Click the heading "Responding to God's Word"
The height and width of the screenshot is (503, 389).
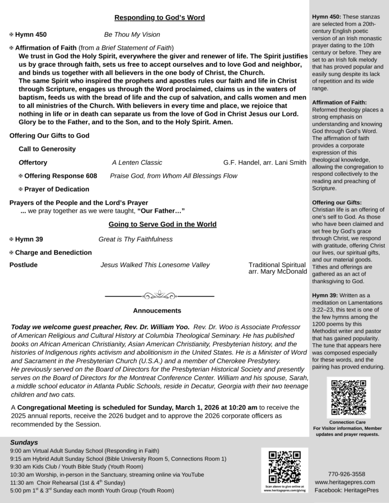pyautogui.click(x=159, y=18)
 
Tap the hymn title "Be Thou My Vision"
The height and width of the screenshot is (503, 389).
pyautogui.click(x=132, y=35)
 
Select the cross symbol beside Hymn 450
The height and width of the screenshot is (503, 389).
pyautogui.click(x=11, y=35)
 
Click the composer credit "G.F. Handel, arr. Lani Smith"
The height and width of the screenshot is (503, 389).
pyautogui.click(x=264, y=163)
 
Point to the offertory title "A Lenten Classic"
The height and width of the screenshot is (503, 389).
pyautogui.click(x=137, y=163)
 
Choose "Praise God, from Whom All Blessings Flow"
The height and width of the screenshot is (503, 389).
pyautogui.click(x=174, y=176)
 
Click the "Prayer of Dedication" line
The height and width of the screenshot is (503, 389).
pyautogui.click(x=57, y=189)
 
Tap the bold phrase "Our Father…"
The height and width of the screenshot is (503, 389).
pyautogui.click(x=161, y=211)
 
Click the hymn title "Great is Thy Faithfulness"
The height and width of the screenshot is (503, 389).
pyautogui.click(x=135, y=239)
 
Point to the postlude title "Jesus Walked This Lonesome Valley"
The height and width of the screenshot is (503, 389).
pyautogui.click(x=155, y=265)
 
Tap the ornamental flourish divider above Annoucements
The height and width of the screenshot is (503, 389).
pyautogui.click(x=159, y=296)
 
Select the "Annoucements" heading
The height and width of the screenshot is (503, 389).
pyautogui.click(x=157, y=310)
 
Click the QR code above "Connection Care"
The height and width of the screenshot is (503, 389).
pyautogui.click(x=348, y=397)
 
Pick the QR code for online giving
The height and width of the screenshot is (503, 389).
pyautogui.click(x=284, y=466)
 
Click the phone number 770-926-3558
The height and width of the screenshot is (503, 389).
pyautogui.click(x=346, y=474)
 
